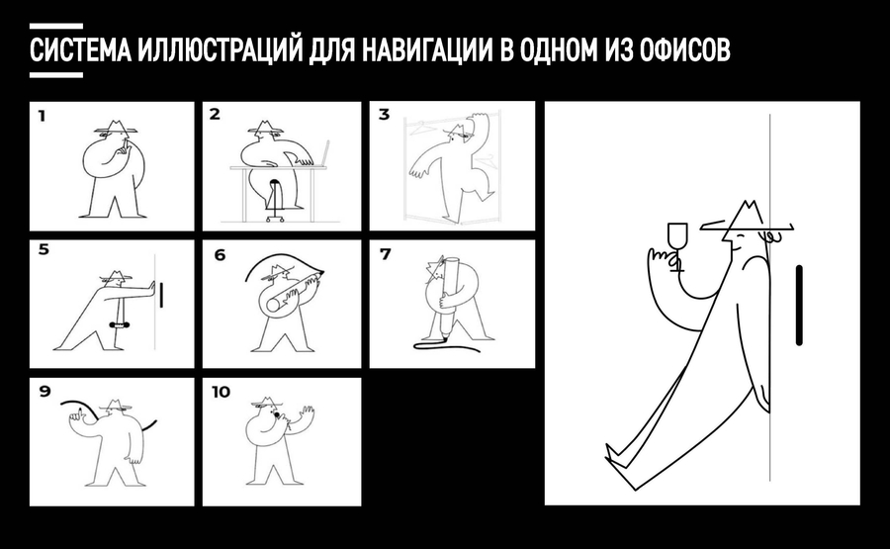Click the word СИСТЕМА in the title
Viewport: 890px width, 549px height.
81,50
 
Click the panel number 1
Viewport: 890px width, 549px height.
42,116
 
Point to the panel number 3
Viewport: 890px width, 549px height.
385,115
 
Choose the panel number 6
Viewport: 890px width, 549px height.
220,255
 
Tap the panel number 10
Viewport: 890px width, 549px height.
221,392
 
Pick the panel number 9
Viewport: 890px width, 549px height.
44,391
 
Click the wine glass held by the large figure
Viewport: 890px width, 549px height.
676,246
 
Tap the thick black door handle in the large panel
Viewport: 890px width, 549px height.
799,305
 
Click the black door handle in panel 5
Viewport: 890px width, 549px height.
161,294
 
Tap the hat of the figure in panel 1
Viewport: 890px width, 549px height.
116,128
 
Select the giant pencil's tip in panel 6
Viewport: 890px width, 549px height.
321,273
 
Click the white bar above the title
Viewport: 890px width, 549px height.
56,26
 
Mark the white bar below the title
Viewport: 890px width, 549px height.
56,75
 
